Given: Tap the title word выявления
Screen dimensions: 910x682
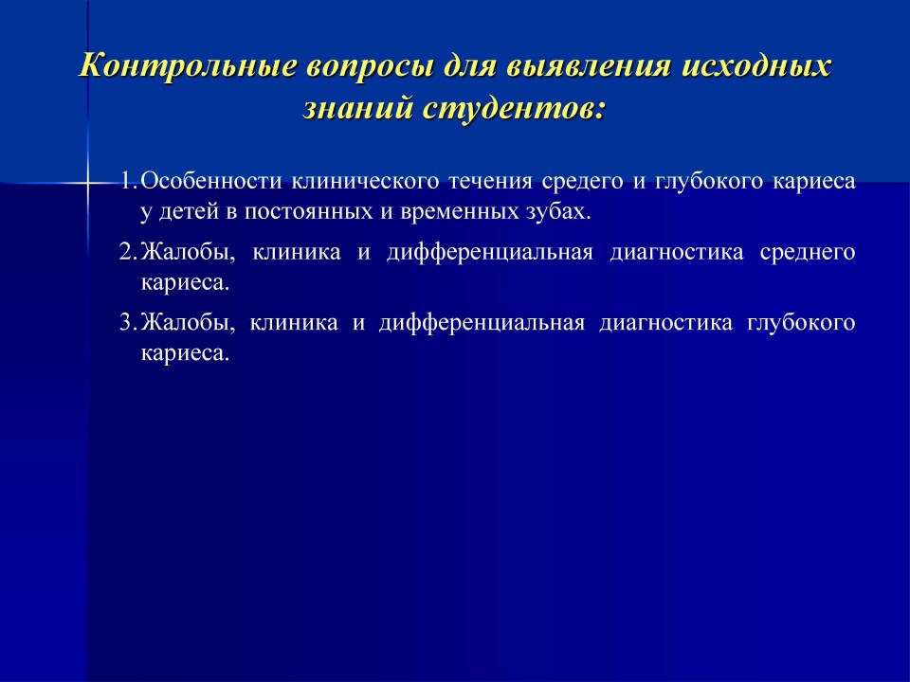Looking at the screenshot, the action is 589,66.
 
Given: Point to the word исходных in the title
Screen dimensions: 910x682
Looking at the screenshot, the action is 756,65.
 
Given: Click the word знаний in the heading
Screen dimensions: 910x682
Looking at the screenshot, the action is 357,109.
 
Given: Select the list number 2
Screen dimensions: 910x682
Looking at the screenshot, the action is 127,252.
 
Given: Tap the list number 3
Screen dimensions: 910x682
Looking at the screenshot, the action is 127,322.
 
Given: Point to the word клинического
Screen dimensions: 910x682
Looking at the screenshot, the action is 365,183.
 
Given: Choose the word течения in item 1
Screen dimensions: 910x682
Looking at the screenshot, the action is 490,182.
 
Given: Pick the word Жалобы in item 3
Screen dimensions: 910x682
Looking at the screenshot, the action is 188,322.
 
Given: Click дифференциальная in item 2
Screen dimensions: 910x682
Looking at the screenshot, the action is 490,252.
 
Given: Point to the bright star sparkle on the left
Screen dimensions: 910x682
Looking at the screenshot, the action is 87,183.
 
